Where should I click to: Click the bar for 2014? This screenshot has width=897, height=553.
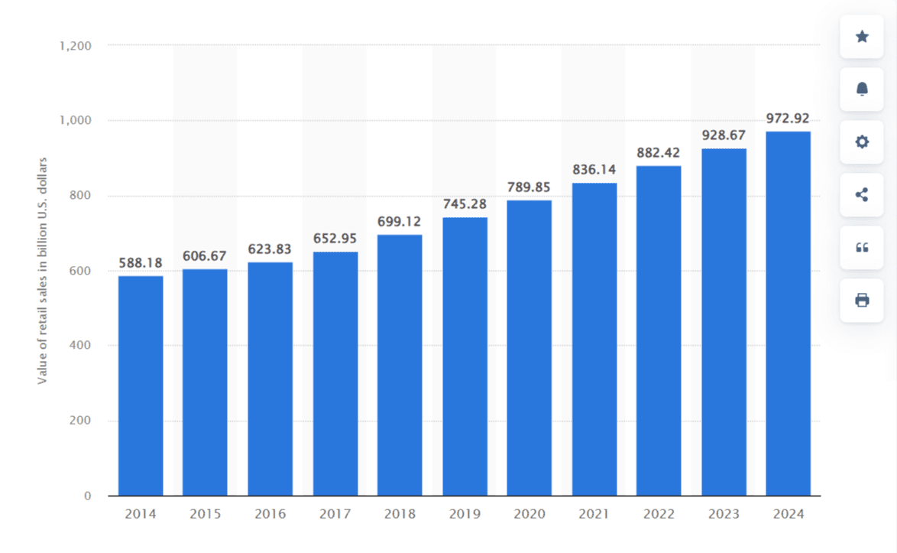(x=141, y=385)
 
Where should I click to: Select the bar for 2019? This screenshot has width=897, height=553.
(x=465, y=356)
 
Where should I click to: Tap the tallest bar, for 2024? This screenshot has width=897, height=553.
(x=789, y=314)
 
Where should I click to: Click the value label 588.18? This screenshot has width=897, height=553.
(x=141, y=263)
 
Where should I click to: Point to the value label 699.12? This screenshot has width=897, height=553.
(x=400, y=222)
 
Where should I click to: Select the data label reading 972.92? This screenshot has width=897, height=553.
(x=788, y=119)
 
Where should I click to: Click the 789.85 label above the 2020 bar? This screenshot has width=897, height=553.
(x=529, y=187)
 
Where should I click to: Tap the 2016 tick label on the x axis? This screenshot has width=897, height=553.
(x=270, y=514)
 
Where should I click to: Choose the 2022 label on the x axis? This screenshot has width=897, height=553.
(x=659, y=514)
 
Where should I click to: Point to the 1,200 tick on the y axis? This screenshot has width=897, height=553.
(x=75, y=46)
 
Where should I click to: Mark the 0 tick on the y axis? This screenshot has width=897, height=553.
(x=87, y=496)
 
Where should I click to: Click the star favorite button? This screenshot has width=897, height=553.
(x=862, y=36)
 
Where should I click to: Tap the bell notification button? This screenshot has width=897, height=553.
(x=862, y=89)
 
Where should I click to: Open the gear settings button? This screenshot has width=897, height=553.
(x=862, y=142)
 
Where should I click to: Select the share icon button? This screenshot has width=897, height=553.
(x=862, y=194)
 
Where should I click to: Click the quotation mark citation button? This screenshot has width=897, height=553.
(x=862, y=247)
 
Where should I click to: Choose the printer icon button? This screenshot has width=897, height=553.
(x=862, y=300)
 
